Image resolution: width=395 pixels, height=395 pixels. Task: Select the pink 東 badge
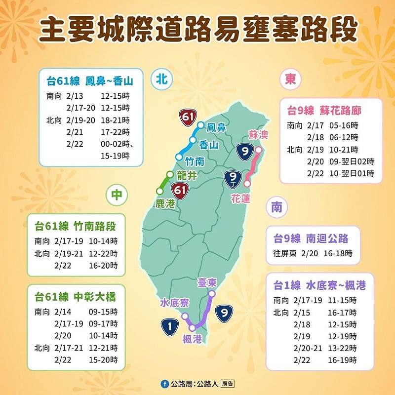(x=290, y=79)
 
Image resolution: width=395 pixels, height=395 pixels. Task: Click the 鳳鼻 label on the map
(x=216, y=128)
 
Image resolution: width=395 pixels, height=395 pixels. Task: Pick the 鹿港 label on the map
(x=165, y=203)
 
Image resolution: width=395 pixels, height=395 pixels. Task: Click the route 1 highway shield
(x=170, y=325)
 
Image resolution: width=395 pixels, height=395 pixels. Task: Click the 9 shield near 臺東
(x=225, y=313)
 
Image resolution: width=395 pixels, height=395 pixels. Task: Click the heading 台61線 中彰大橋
(x=75, y=297)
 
